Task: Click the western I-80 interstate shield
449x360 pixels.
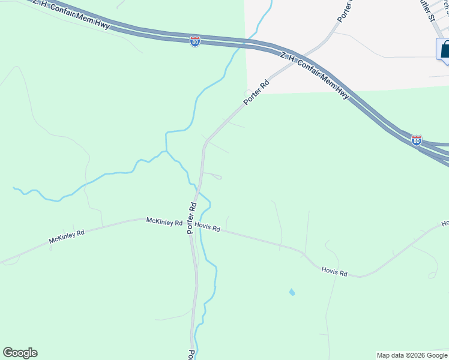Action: (x=194, y=41)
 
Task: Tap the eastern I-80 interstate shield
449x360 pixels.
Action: (x=417, y=140)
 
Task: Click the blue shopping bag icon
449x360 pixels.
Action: (x=444, y=50)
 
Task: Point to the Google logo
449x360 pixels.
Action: (x=20, y=353)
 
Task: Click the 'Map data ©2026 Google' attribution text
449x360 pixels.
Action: (x=412, y=355)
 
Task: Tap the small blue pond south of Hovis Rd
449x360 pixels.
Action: (x=292, y=292)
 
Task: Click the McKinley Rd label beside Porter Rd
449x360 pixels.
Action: (x=164, y=222)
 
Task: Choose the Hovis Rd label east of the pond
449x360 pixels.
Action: (x=334, y=272)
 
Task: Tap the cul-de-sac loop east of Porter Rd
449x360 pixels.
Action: (x=218, y=177)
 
